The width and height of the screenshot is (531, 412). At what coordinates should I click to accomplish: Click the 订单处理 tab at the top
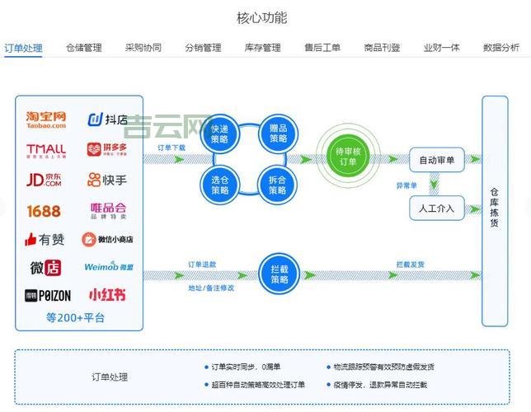[x=23, y=48]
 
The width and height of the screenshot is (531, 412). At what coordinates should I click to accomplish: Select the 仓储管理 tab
[x=84, y=48]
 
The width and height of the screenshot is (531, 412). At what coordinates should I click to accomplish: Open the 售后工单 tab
[x=322, y=48]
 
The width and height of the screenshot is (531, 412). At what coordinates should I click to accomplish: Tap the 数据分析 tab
[x=501, y=48]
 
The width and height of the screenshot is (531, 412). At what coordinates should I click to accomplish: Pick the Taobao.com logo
[x=46, y=120]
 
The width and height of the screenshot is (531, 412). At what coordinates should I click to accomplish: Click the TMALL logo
[x=45, y=150]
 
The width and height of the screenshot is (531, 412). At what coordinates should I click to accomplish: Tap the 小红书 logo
[x=107, y=294]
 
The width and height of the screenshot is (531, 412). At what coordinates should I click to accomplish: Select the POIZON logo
[x=48, y=295]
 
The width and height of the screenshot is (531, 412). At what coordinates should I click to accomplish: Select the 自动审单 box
[x=437, y=160]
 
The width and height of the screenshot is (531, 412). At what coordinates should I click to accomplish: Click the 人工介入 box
[x=437, y=208]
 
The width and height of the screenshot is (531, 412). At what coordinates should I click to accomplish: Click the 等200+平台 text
[x=76, y=317]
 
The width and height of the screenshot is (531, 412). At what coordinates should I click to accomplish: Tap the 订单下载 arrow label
[x=172, y=148]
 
